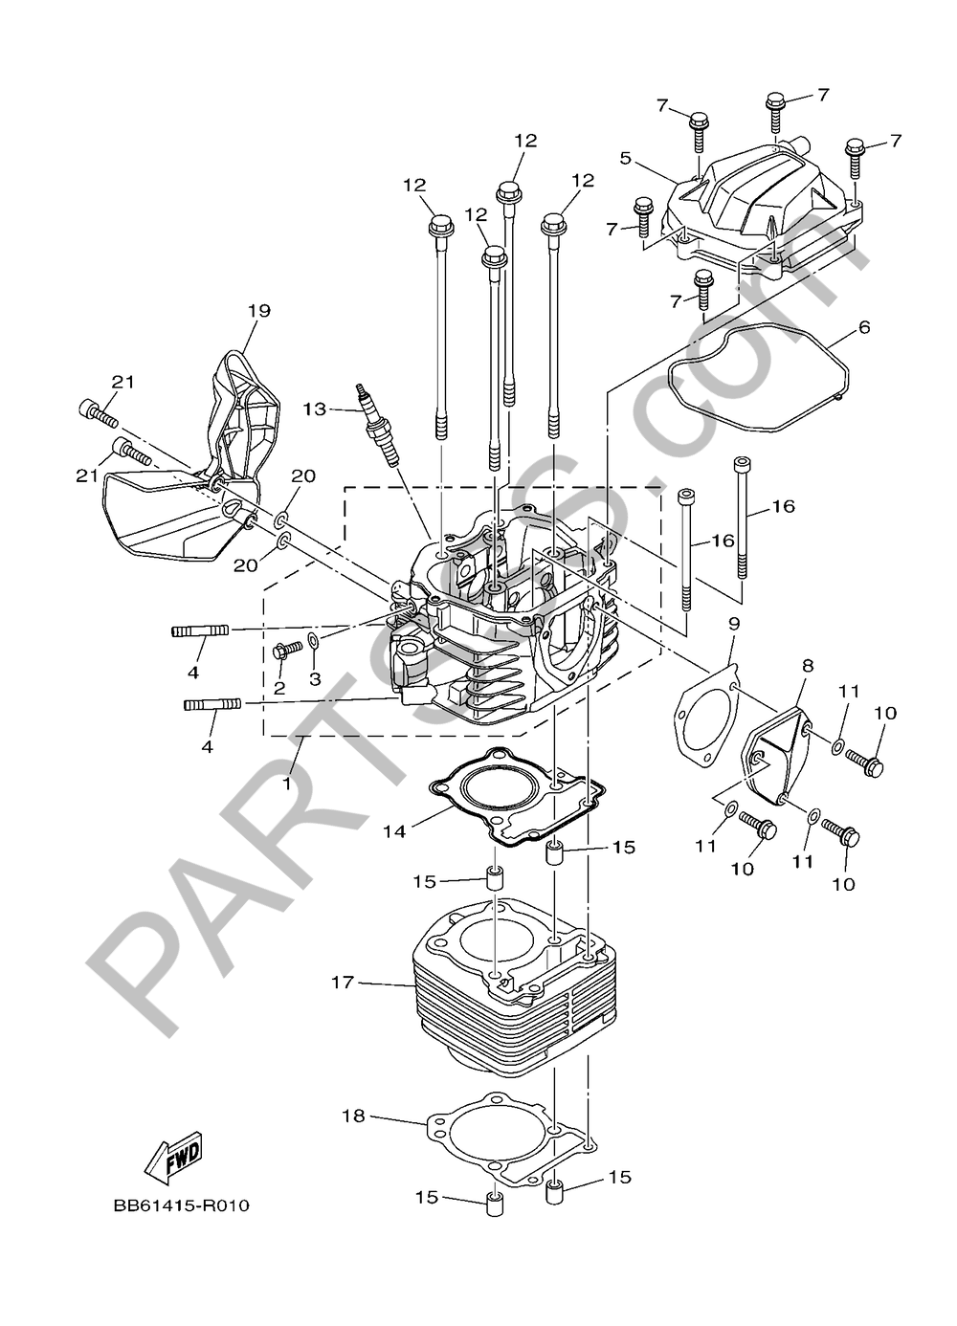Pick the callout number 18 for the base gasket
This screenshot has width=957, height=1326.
353,1116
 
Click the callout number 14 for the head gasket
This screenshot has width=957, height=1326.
394,831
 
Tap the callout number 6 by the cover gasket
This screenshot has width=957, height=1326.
864,327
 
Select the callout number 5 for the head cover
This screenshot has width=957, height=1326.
625,158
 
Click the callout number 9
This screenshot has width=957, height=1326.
734,623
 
